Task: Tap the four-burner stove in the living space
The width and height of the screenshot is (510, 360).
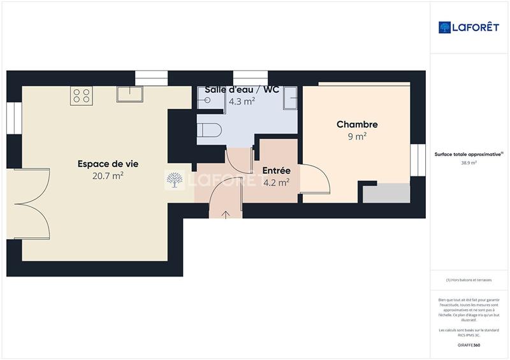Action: coord(81,96)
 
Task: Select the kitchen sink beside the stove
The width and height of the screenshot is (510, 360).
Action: coord(129,94)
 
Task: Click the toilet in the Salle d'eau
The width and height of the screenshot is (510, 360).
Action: coord(209,130)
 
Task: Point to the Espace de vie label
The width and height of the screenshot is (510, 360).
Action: coord(108,164)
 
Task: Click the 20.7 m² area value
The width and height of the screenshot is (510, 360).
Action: coord(108,176)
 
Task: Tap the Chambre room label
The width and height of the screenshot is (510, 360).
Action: coord(357,125)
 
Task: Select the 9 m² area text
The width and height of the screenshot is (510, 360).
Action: coord(357,136)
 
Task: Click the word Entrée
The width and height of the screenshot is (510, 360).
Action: coord(277,171)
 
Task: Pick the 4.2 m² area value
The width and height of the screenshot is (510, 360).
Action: coord(277,182)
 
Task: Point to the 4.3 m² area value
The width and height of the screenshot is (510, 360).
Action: coord(242,101)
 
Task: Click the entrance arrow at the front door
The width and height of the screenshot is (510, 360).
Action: coord(226,213)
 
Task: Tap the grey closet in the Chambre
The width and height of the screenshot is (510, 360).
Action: coord(386,193)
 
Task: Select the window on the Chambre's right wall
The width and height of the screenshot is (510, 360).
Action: coord(418,160)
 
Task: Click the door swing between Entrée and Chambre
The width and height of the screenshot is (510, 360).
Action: coord(315,179)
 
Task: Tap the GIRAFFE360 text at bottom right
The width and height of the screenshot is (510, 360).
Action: coord(469,345)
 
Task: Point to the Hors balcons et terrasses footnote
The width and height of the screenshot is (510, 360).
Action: coord(469,280)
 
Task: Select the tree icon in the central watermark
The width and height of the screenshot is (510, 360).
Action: coord(174,180)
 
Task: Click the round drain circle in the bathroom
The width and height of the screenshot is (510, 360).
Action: coord(207,100)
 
